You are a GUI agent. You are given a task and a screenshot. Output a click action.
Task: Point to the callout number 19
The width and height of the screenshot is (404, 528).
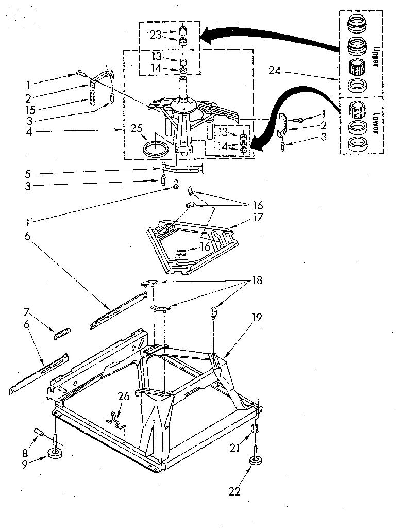tap(256, 319)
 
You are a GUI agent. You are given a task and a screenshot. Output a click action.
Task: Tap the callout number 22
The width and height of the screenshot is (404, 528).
tap(234, 492)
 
